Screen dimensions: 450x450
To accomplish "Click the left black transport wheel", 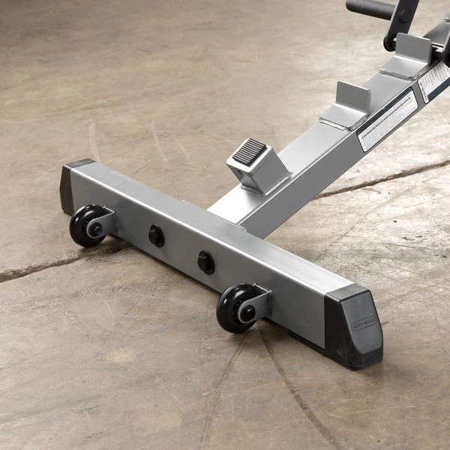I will tap(85, 225).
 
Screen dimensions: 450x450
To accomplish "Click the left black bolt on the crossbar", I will tap(156, 235).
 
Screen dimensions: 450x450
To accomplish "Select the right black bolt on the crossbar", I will tap(205, 262).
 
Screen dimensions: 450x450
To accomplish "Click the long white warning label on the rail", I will tap(388, 121).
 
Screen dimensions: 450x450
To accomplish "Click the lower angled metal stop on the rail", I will tap(346, 106).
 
